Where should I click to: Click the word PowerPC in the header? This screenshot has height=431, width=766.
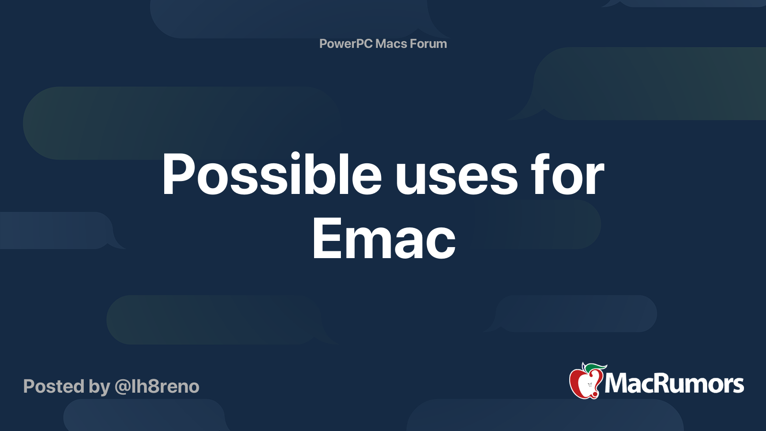click(346, 44)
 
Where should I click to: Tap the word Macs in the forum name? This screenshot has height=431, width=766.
click(391, 44)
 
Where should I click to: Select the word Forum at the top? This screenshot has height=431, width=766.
click(428, 44)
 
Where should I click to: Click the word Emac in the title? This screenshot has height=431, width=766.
click(383, 238)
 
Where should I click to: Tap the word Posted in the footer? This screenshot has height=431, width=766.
click(54, 386)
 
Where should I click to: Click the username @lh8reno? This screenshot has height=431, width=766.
click(157, 386)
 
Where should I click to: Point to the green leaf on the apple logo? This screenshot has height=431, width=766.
click(595, 368)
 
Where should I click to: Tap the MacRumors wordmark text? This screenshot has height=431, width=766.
click(674, 384)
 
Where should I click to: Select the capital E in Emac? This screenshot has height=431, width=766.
click(326, 238)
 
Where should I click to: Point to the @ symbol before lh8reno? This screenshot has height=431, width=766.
click(122, 387)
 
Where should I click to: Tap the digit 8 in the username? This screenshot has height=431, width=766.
click(153, 386)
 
